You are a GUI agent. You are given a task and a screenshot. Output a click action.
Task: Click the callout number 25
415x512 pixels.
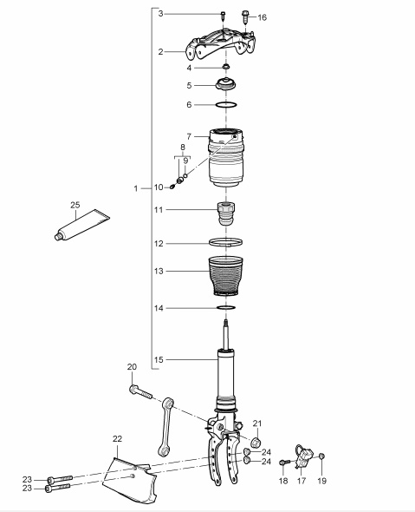pyautogui.click(x=75, y=205)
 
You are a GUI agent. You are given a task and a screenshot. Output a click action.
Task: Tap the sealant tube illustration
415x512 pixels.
pyautogui.click(x=81, y=225)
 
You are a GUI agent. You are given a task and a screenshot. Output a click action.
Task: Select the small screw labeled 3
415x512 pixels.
pyautogui.click(x=223, y=16)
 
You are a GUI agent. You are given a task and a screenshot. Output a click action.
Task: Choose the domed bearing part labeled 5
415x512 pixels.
pyautogui.click(x=225, y=84)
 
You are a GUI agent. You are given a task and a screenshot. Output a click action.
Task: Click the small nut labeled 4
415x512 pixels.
pyautogui.click(x=225, y=68)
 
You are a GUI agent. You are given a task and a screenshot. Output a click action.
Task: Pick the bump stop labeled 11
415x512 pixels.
pyautogui.click(x=226, y=213)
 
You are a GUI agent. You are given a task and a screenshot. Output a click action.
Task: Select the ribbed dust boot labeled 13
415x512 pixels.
pyautogui.click(x=225, y=276)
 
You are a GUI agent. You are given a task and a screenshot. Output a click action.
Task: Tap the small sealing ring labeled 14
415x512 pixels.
pyautogui.click(x=226, y=306)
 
